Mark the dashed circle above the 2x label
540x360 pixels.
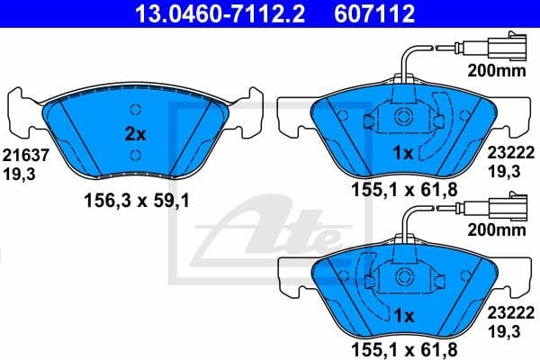(x=135, y=111)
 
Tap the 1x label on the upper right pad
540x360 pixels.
(x=402, y=154)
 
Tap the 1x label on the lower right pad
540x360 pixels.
(x=402, y=316)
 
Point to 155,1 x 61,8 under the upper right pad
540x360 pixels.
(x=404, y=192)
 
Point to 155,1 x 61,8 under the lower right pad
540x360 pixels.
(x=404, y=349)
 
